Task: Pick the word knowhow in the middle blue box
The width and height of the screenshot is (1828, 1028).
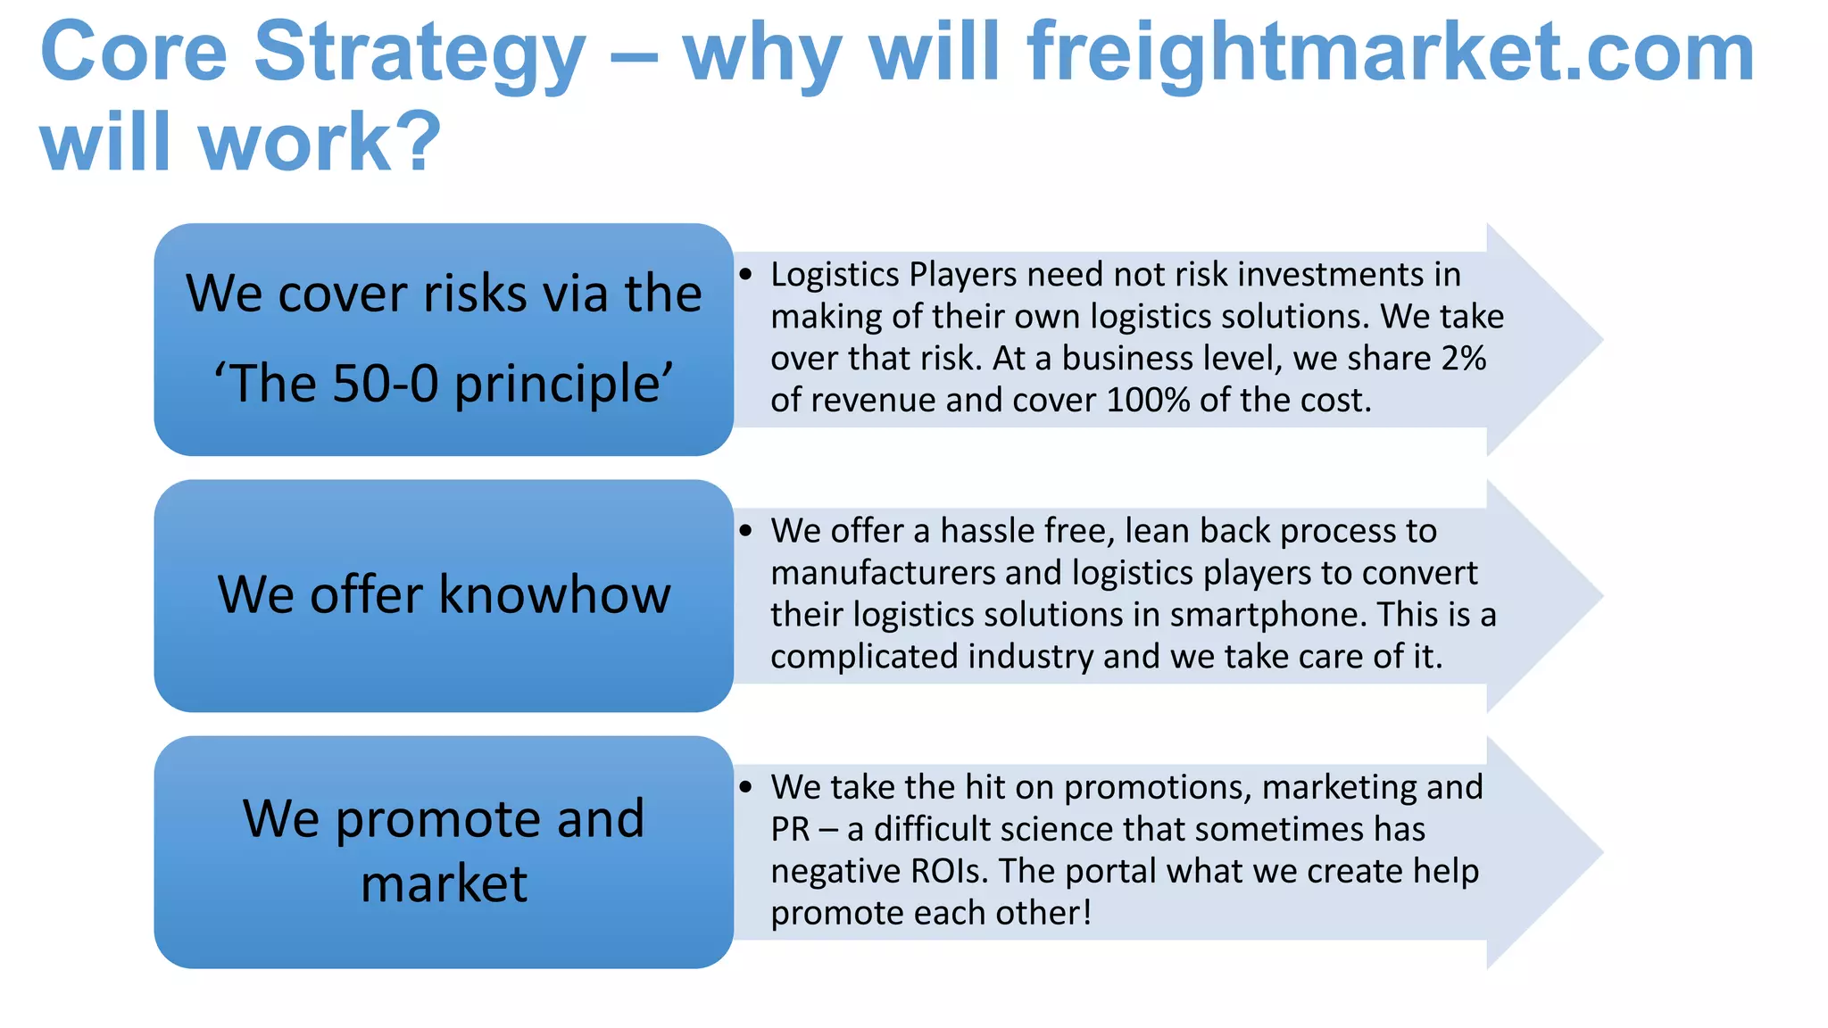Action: click(x=554, y=594)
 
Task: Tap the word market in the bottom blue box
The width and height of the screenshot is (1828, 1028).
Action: click(x=444, y=884)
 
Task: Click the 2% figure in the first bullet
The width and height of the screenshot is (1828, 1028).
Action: click(x=1464, y=359)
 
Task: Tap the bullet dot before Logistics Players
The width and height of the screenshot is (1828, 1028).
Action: click(x=746, y=275)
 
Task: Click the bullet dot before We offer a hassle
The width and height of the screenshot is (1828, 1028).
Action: click(x=746, y=531)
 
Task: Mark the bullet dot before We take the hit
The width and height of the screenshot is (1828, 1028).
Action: click(x=746, y=787)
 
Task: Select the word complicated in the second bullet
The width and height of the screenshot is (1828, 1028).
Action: click(x=864, y=658)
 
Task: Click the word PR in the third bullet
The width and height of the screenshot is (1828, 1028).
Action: click(x=790, y=830)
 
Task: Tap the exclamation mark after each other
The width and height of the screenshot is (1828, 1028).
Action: click(x=1086, y=912)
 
